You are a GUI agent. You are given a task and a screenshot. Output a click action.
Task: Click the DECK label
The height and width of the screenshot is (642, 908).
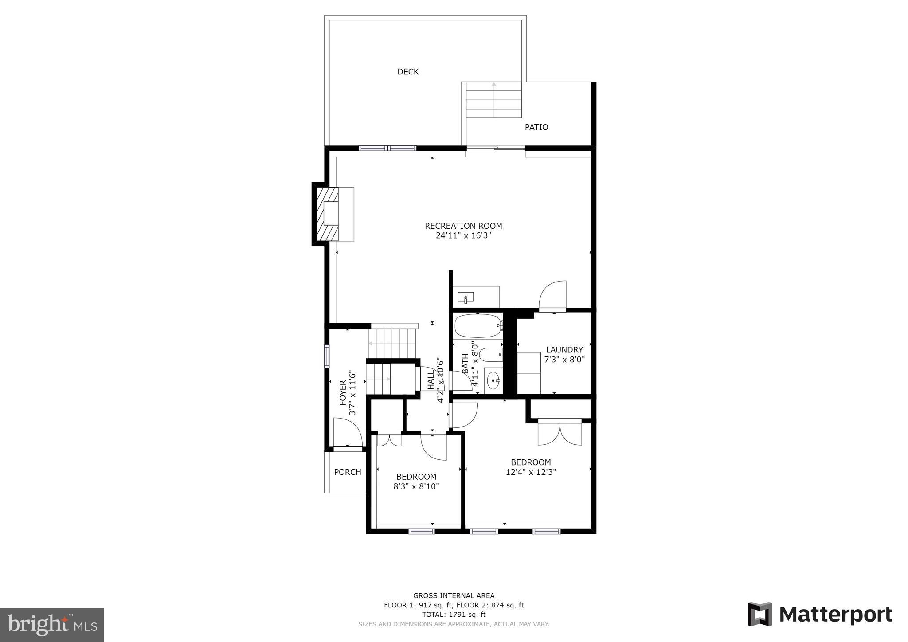point(407,72)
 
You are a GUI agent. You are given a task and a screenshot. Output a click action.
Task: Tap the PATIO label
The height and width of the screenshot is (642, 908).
point(536,127)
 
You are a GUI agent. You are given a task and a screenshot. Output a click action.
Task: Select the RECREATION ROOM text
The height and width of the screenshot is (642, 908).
point(463,226)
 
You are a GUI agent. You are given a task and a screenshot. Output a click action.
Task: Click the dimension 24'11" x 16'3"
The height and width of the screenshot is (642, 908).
point(463,235)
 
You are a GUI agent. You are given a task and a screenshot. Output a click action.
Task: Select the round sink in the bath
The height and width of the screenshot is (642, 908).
point(493,380)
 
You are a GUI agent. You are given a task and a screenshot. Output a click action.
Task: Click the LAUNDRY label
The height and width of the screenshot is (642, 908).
point(564,350)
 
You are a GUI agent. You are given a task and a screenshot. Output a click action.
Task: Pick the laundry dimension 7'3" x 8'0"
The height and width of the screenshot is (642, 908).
point(564,360)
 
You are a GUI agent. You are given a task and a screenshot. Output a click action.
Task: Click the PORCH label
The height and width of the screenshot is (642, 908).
point(347,472)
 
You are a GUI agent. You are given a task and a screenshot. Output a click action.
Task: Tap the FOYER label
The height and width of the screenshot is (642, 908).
point(343,393)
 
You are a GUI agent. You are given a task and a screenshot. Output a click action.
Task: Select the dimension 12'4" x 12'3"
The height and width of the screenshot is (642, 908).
point(531,472)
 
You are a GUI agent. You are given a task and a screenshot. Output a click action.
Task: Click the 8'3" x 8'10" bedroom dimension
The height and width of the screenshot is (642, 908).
point(416,486)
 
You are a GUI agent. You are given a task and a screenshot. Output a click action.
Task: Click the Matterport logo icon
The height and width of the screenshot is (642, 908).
point(759,614)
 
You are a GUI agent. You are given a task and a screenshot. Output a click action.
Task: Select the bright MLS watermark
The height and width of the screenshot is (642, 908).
point(52,625)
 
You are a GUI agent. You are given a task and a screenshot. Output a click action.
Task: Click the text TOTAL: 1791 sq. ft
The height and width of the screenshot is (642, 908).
point(454,615)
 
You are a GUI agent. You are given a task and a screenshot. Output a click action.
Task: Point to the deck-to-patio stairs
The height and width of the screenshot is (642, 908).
point(494,100)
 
